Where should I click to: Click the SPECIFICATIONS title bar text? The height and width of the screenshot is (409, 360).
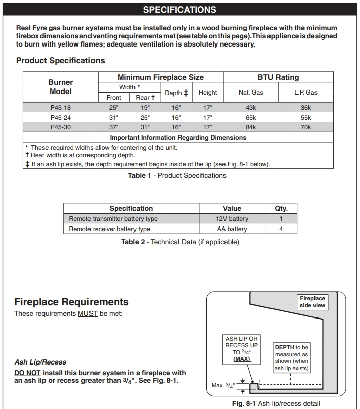click(x=179, y=10)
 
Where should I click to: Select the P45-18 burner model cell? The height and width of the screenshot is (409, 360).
click(x=60, y=108)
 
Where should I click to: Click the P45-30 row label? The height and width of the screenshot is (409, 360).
click(x=60, y=127)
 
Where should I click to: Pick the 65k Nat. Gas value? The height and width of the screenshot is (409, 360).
click(x=251, y=118)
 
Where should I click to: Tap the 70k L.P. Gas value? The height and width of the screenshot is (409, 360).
click(x=305, y=127)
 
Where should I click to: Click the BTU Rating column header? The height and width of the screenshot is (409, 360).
click(x=278, y=77)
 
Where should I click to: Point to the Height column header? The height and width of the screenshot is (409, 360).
click(x=208, y=93)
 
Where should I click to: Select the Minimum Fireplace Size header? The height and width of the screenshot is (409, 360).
click(x=160, y=77)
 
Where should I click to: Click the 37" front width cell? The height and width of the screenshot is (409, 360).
click(x=114, y=127)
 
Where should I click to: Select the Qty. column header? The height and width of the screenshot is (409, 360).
click(x=281, y=208)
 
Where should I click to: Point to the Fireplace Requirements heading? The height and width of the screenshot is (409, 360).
click(x=71, y=302)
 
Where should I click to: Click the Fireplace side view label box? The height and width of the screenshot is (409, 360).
click(x=312, y=302)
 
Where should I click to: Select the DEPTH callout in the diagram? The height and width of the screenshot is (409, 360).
click(x=291, y=358)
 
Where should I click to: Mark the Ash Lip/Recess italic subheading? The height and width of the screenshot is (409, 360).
click(x=40, y=362)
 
